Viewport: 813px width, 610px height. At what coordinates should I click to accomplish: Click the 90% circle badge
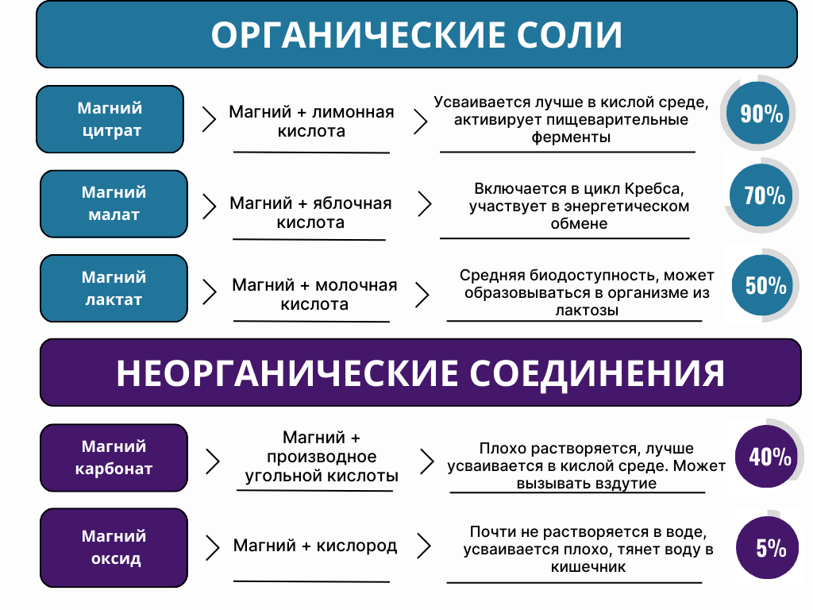click(x=757, y=113)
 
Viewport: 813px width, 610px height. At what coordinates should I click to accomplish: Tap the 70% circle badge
click(x=761, y=195)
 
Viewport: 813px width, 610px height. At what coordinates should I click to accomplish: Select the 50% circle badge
click(x=763, y=285)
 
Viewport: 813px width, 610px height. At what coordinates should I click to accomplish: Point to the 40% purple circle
click(x=766, y=457)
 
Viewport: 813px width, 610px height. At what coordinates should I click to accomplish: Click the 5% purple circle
click(x=768, y=548)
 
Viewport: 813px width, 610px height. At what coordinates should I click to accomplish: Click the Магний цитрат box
click(x=110, y=119)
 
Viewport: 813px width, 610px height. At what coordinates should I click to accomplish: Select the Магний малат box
click(x=114, y=204)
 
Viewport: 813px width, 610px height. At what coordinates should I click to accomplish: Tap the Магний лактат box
click(x=114, y=288)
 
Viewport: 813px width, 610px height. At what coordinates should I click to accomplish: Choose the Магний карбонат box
click(x=114, y=457)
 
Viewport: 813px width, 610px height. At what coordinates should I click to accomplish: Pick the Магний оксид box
click(x=114, y=548)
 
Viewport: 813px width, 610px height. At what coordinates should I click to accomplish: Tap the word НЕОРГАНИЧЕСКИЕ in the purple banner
click(x=287, y=373)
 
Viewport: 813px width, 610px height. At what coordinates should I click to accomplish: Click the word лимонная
click(x=353, y=112)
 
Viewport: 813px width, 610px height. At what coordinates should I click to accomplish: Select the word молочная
click(x=356, y=285)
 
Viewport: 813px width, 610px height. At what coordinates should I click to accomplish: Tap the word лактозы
click(x=587, y=311)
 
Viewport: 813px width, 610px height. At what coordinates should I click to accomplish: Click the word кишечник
click(x=588, y=567)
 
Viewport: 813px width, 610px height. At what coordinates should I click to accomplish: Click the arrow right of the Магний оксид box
click(x=213, y=548)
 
